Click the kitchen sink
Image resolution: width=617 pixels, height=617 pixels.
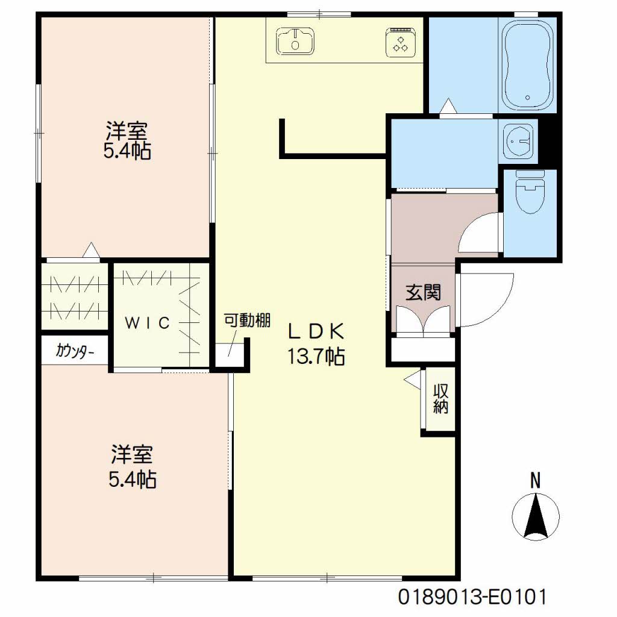[295, 42]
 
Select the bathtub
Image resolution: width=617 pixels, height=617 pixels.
[527, 64]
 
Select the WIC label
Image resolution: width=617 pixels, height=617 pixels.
[148, 322]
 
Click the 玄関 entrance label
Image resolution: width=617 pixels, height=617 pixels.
[422, 293]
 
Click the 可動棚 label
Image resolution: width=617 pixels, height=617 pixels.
[246, 320]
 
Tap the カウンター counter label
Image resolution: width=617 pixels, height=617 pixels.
[75, 351]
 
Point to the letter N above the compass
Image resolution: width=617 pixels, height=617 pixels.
[535, 481]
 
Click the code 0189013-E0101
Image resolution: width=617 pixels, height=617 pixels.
[472, 597]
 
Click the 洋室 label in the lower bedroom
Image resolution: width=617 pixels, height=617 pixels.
[132, 452]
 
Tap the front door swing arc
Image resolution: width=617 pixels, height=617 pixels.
[493, 301]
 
